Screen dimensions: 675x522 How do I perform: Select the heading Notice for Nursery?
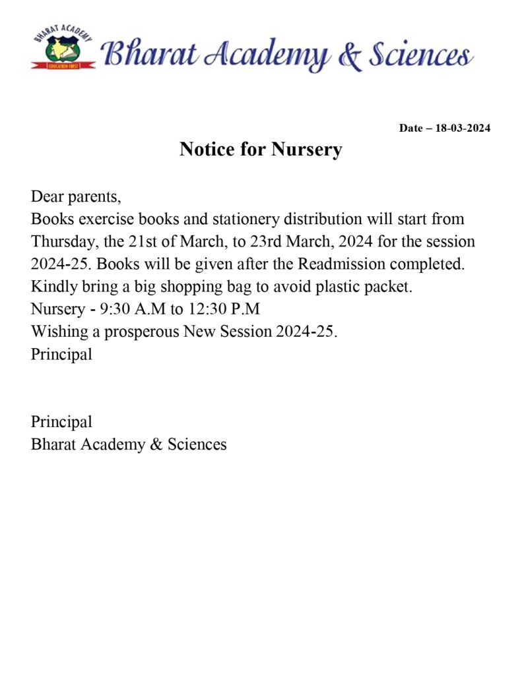pyautogui.click(x=261, y=150)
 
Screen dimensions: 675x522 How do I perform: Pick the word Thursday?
pyautogui.click(x=64, y=241)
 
